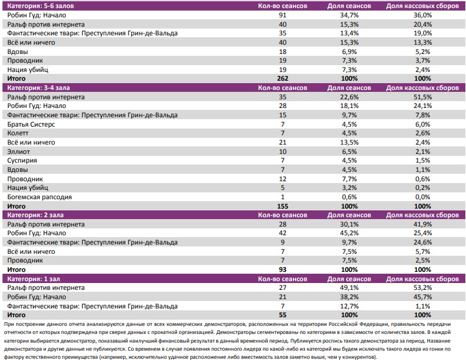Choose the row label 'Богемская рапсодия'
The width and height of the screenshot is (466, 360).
pos(39,197)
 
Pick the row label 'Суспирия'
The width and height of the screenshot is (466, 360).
pos(22,160)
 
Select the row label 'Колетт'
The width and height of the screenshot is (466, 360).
pos(18,133)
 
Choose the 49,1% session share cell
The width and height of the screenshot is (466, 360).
pos(350,288)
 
